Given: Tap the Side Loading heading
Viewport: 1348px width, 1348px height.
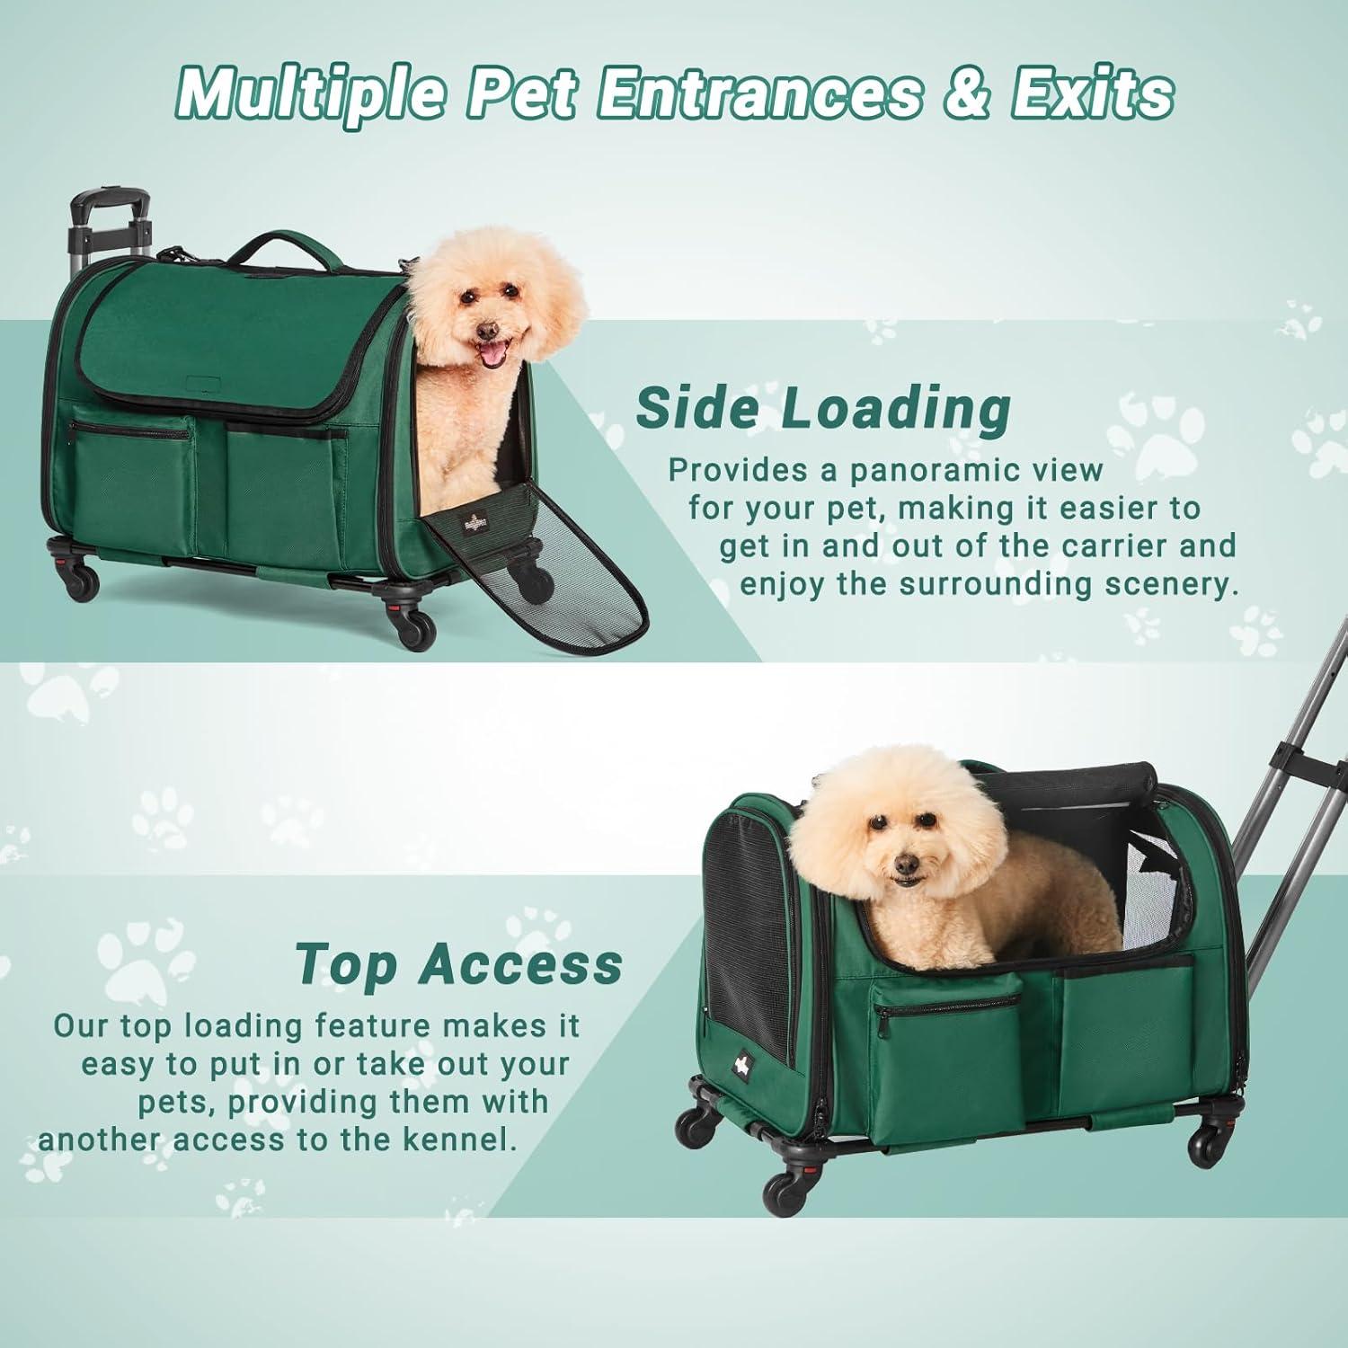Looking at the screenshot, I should click(x=823, y=408).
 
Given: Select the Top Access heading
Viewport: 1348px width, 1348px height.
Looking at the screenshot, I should click(x=459, y=963).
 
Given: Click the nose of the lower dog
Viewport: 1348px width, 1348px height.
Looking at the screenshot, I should click(x=907, y=865).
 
